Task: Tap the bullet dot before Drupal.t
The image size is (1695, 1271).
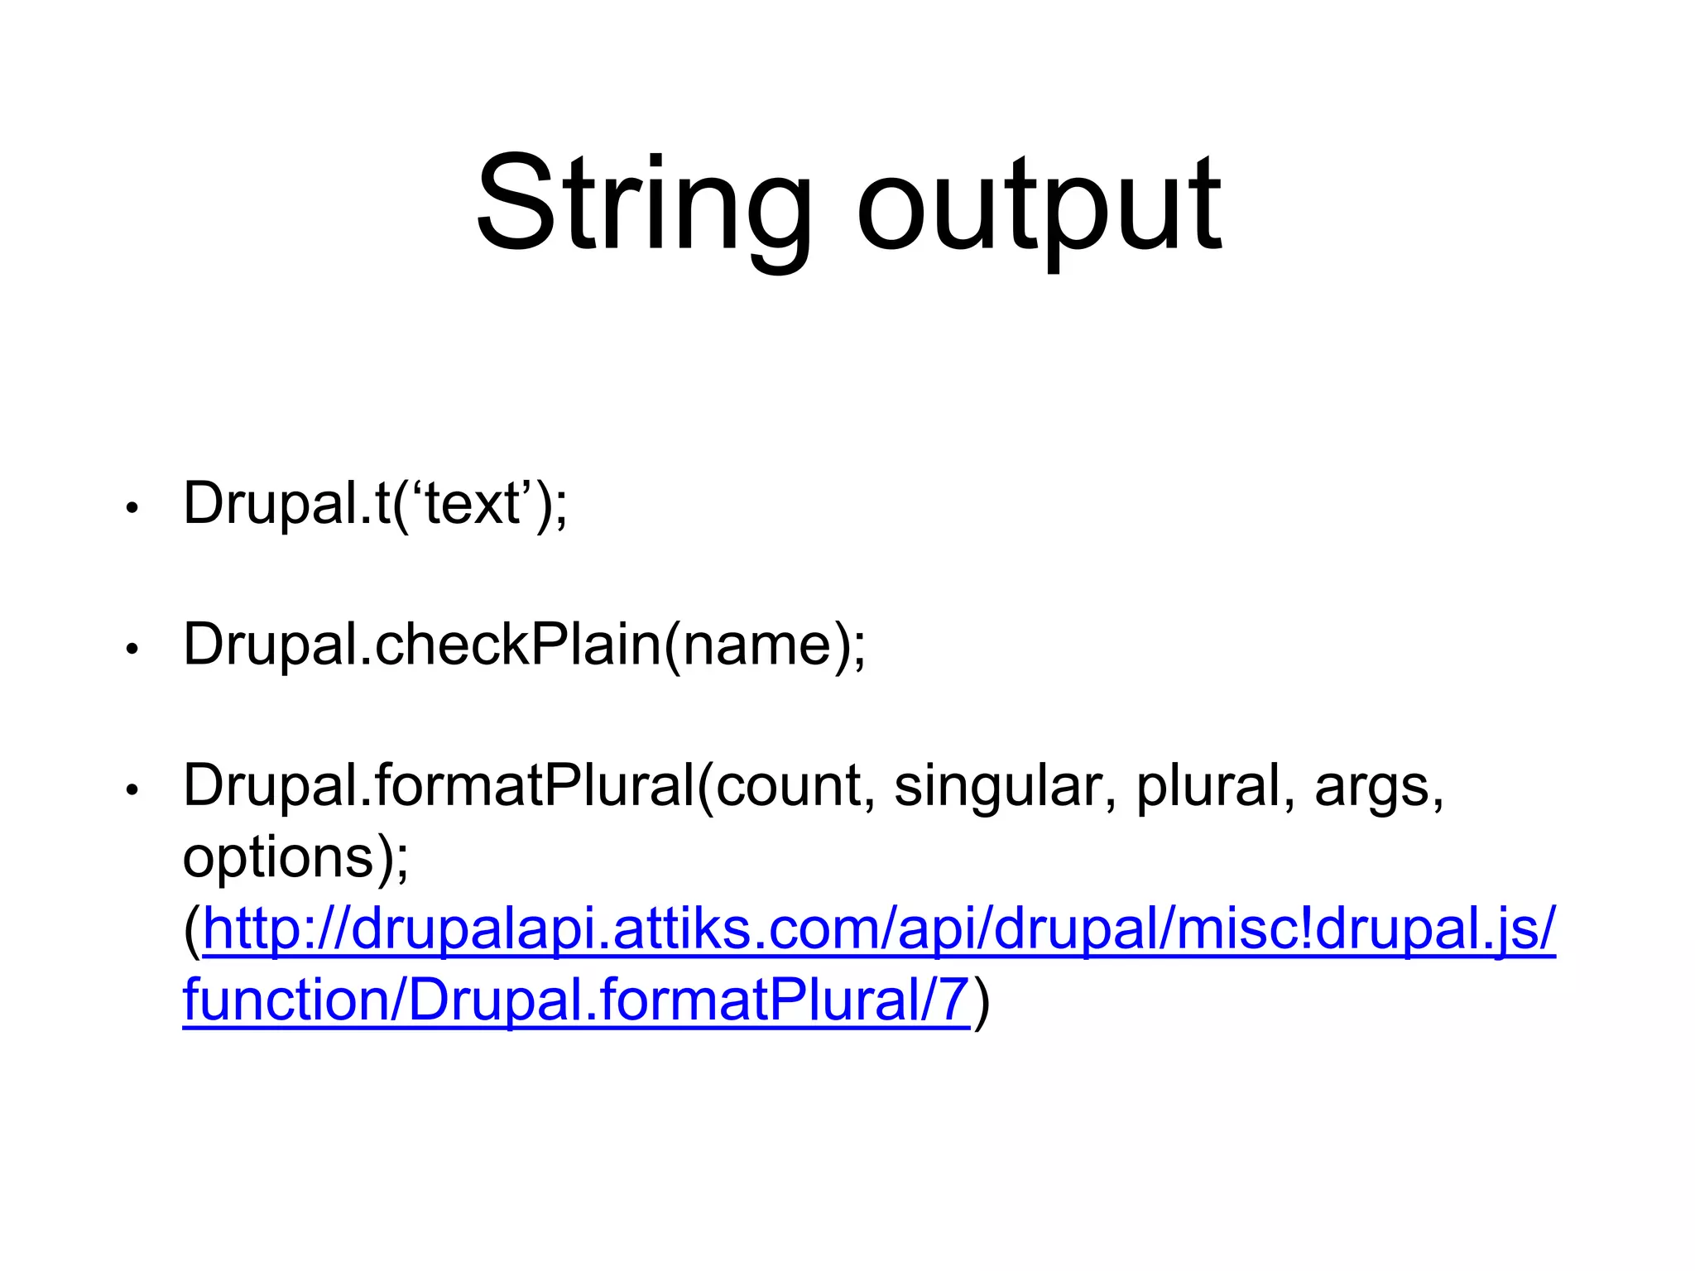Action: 131,508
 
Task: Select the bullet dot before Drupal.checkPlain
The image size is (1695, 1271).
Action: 131,650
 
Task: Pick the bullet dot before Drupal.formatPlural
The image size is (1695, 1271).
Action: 131,790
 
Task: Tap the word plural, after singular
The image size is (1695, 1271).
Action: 1208,786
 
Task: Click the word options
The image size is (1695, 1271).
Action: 278,859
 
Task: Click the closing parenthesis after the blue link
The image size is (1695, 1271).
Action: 982,1001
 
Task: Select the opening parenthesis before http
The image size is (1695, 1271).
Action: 192,930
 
